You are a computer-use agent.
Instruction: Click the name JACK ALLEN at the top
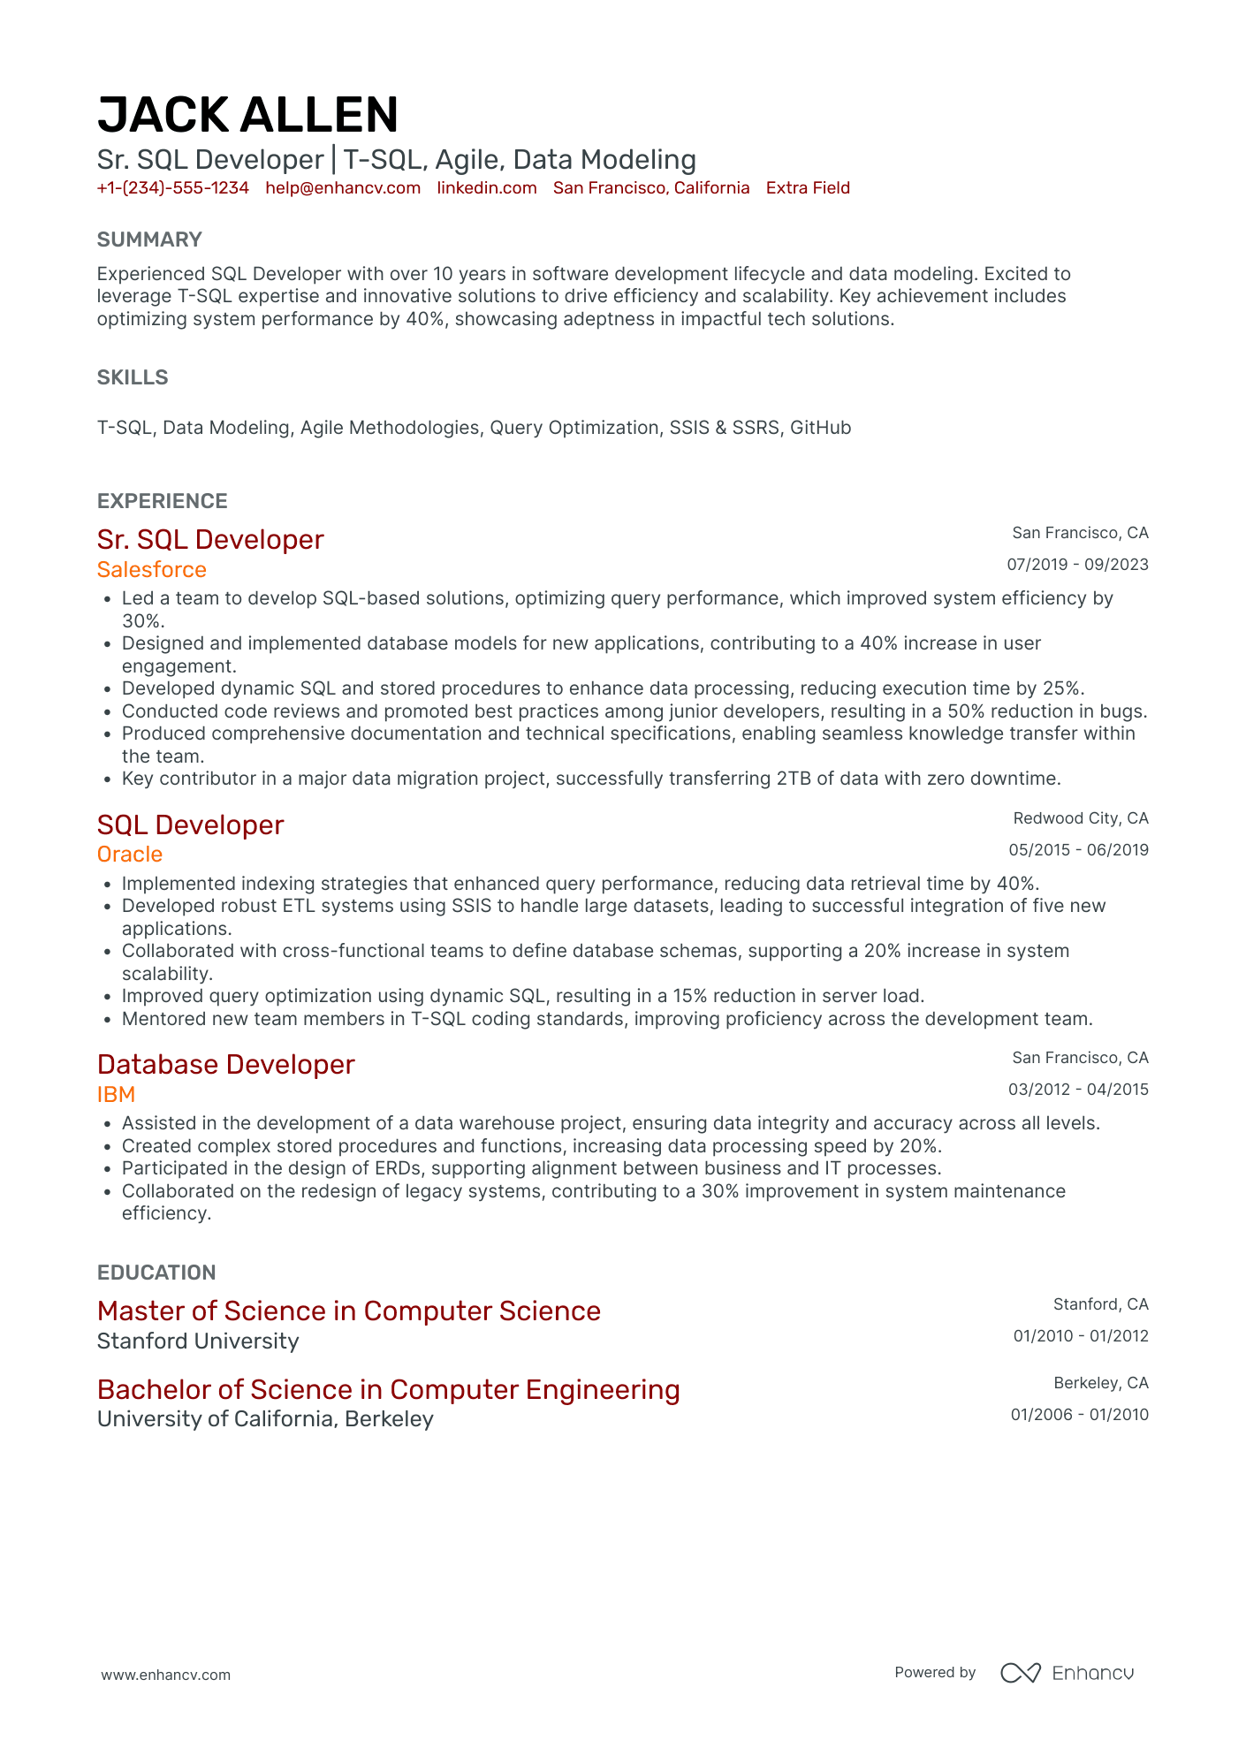pos(247,116)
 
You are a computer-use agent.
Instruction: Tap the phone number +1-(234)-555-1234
pos(173,188)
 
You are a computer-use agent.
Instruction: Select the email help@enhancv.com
pos(343,188)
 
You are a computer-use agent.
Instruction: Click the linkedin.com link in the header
pos(487,188)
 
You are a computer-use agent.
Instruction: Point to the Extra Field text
pos(808,188)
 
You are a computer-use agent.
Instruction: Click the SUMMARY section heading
pos(149,239)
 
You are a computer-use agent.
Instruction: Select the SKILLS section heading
pos(133,377)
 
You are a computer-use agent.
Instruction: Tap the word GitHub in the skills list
pos(820,428)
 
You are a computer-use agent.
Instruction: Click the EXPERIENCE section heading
pos(163,501)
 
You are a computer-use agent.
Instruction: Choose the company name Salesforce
pos(152,570)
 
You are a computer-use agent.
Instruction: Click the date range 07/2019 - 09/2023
pos(1077,565)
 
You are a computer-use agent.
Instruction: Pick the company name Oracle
pos(130,855)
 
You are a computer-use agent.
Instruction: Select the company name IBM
pos(116,1095)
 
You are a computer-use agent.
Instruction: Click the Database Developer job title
pos(226,1065)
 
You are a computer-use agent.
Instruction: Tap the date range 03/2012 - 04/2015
pos(1078,1090)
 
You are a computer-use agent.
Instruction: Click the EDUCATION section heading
pos(156,1273)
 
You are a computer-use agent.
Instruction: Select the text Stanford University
pos(198,1341)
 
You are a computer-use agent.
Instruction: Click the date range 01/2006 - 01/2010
pos(1079,1415)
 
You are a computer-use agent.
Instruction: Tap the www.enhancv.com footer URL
pos(166,1675)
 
